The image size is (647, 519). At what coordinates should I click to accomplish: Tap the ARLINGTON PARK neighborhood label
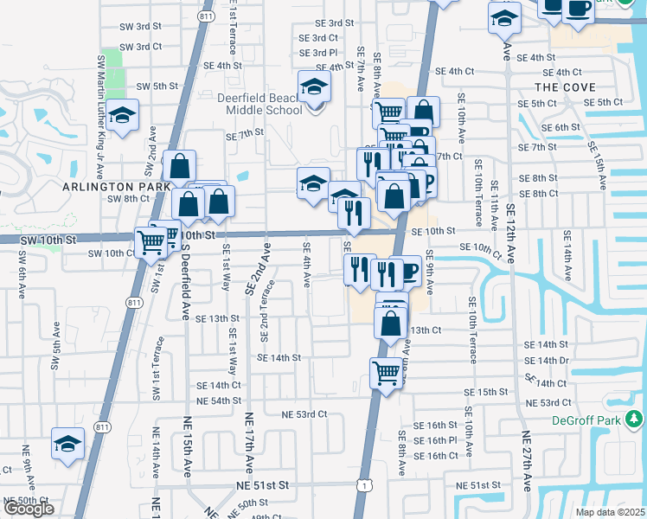pyautogui.click(x=109, y=187)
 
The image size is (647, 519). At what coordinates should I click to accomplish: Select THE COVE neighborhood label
pyautogui.click(x=565, y=87)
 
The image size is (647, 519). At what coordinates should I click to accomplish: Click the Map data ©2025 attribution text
pyautogui.click(x=610, y=512)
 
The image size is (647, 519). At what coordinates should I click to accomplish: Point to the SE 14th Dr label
pyautogui.click(x=547, y=361)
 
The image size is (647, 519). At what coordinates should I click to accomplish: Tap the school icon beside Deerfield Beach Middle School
pyautogui.click(x=315, y=86)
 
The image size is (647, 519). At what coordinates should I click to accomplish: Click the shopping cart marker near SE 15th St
pyautogui.click(x=386, y=374)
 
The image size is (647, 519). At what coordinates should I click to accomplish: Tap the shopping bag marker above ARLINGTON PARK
pyautogui.click(x=178, y=166)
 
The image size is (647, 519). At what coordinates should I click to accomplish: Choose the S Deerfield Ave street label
pyautogui.click(x=185, y=280)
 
